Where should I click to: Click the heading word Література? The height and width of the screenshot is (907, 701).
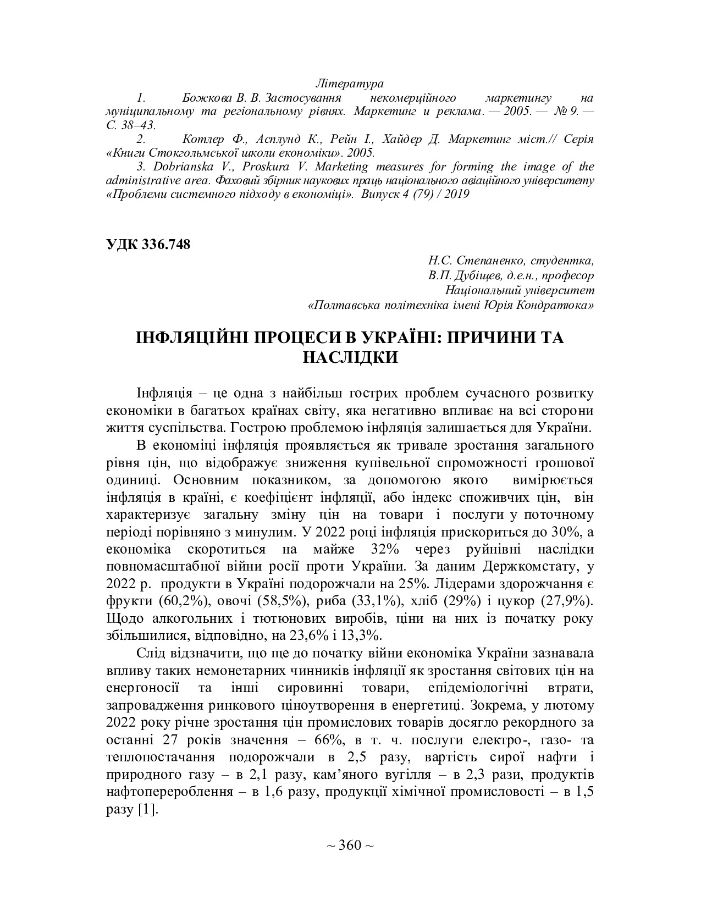click(x=350, y=84)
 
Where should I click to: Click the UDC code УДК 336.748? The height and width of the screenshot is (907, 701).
click(x=148, y=245)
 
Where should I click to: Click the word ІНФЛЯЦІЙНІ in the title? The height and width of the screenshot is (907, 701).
click(x=193, y=337)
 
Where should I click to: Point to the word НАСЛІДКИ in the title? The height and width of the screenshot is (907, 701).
click(x=350, y=357)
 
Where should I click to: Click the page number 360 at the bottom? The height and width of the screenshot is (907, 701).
click(x=350, y=845)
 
